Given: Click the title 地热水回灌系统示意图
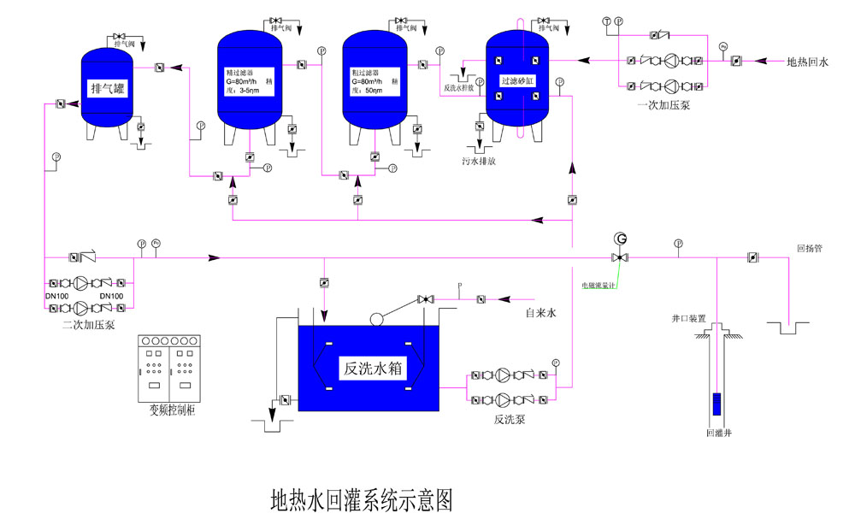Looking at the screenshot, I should coord(360,498).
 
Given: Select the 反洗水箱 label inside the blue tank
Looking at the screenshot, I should coord(373,369).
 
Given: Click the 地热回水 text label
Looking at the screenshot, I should coord(808,61).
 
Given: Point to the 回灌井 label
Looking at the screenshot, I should coord(718,434).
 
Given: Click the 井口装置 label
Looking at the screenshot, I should coord(688,318).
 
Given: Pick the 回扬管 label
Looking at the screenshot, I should coord(809,249).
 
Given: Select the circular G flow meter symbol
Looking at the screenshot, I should coord(620,239).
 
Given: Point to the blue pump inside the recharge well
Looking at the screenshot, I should coord(716,403).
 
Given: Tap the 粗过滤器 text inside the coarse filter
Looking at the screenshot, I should coord(365,73).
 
